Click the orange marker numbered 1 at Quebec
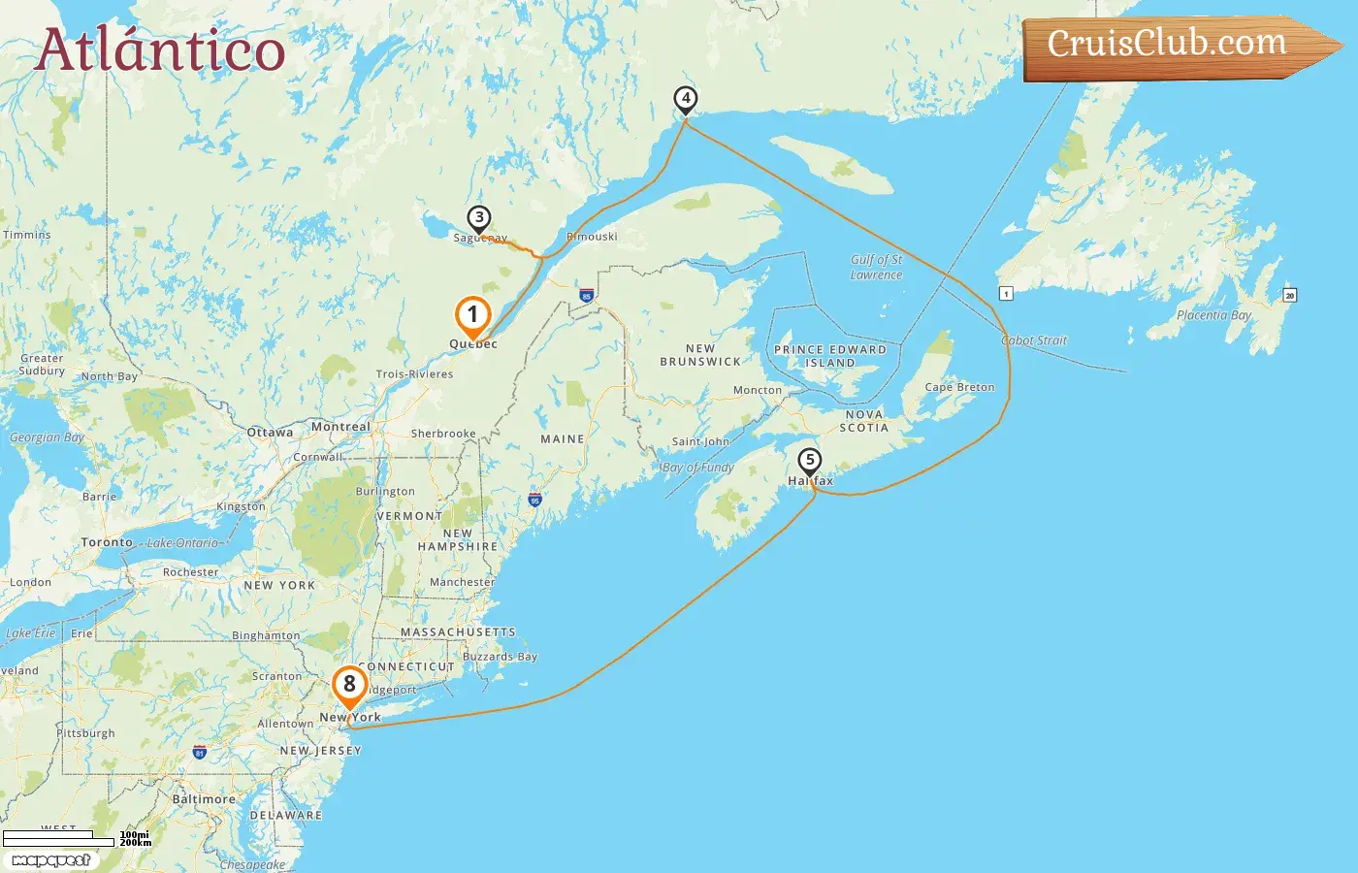coord(473,315)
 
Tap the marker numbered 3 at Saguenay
coord(478,219)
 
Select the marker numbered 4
coord(686,99)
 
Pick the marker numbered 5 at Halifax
coord(809,462)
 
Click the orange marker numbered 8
coord(349,685)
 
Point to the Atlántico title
coord(160,50)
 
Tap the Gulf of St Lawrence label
coord(876,267)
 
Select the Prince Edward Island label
coord(830,356)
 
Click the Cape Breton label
coord(959,387)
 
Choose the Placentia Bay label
coord(1213,315)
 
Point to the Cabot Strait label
coord(1034,340)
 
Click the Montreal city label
coord(340,427)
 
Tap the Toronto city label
coord(107,542)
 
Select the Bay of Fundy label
coord(698,468)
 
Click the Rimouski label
coord(592,237)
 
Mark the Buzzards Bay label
coord(500,657)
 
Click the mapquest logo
coord(50,860)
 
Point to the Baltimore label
coord(204,799)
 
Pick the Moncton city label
coord(758,390)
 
